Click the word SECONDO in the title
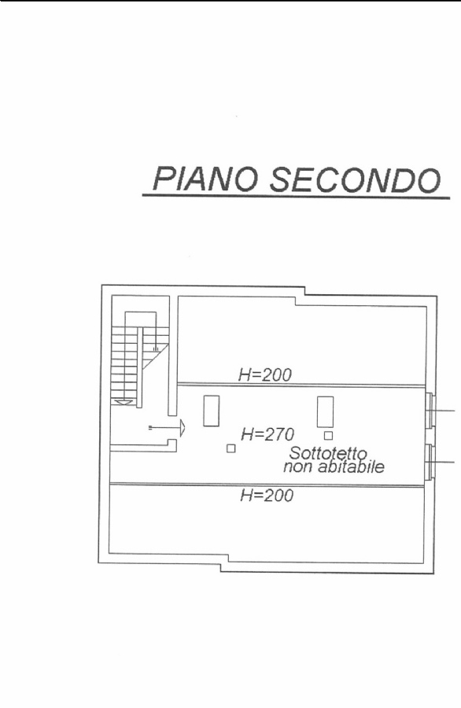(x=355, y=179)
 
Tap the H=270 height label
(x=267, y=434)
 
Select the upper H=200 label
(x=265, y=374)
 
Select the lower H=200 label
(x=267, y=496)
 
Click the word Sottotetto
(x=328, y=453)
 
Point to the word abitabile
(x=352, y=466)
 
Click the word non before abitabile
(x=298, y=467)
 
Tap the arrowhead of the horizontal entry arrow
(x=183, y=427)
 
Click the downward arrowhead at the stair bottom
(x=124, y=402)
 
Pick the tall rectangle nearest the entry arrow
(x=212, y=411)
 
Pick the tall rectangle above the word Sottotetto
(x=325, y=411)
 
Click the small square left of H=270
(x=231, y=448)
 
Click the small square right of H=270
(x=329, y=436)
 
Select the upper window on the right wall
(x=430, y=411)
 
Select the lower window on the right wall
(x=430, y=462)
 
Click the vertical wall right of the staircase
(x=173, y=356)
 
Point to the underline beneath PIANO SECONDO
(x=297, y=196)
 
